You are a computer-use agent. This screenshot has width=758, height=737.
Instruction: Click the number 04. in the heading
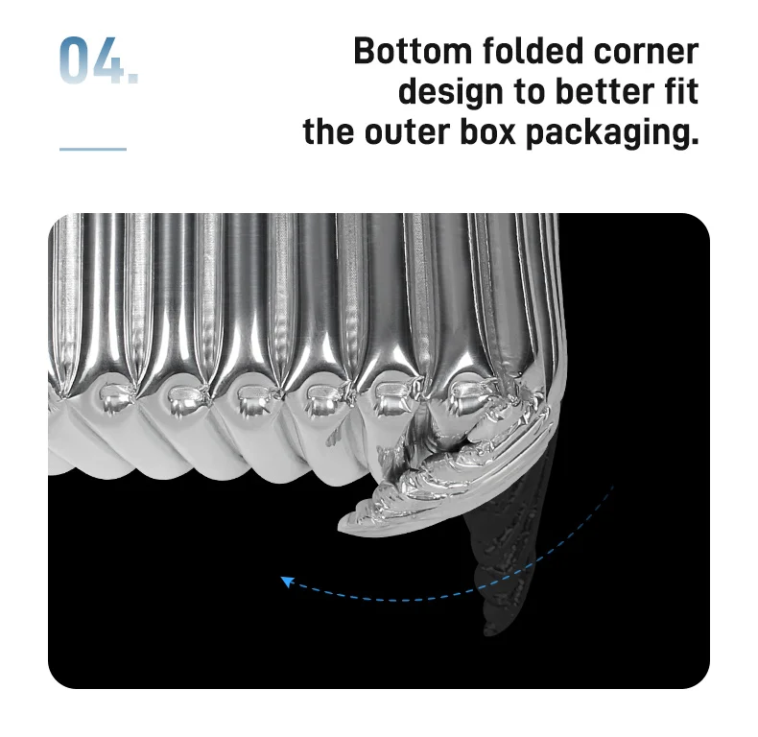99,60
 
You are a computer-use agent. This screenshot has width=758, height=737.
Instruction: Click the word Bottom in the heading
410,51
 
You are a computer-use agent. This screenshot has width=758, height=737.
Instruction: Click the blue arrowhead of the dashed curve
286,580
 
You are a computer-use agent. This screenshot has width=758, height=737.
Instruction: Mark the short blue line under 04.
93,149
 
